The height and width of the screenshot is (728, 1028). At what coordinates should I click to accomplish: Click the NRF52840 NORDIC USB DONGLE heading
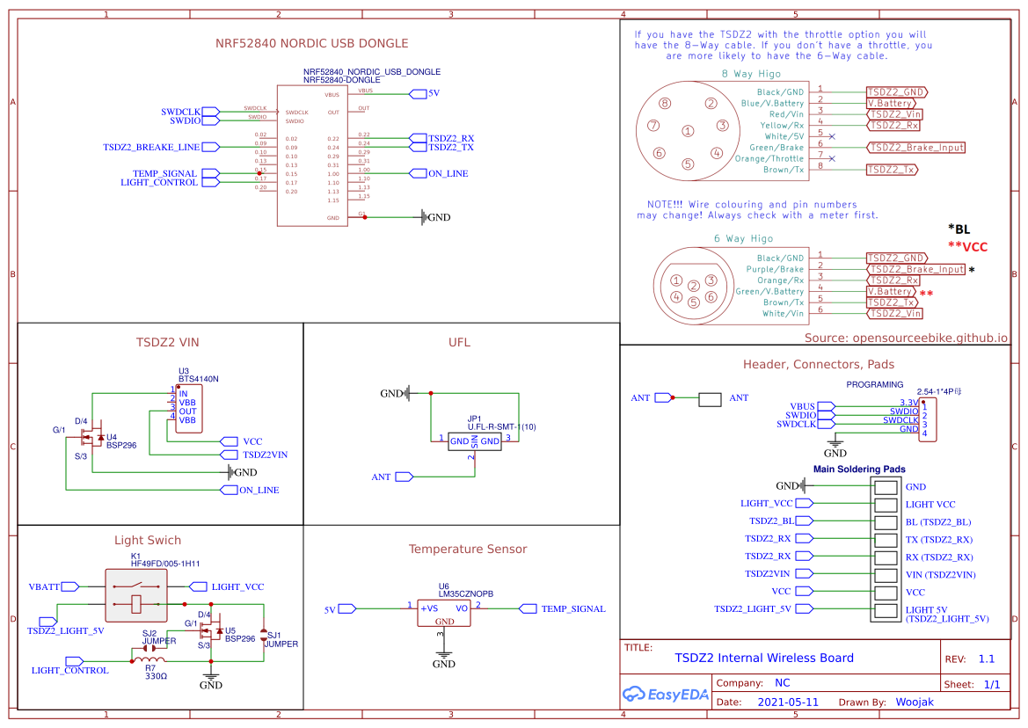tap(312, 43)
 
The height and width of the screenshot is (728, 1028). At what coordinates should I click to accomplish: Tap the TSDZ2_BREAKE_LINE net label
tap(151, 147)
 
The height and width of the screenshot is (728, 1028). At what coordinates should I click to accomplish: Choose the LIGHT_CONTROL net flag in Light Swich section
tap(69, 670)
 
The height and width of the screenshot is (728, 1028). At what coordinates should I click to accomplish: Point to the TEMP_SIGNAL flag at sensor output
tap(572, 608)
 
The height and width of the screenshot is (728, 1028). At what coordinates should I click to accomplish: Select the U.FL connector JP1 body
tap(474, 440)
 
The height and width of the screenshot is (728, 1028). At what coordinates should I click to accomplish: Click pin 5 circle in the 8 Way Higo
tap(687, 164)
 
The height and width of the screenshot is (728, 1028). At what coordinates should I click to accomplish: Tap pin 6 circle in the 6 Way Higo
tap(711, 296)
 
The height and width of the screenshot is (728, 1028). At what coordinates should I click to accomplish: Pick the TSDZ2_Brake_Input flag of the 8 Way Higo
tap(915, 148)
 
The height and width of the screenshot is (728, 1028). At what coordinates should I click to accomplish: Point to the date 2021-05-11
tap(788, 703)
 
